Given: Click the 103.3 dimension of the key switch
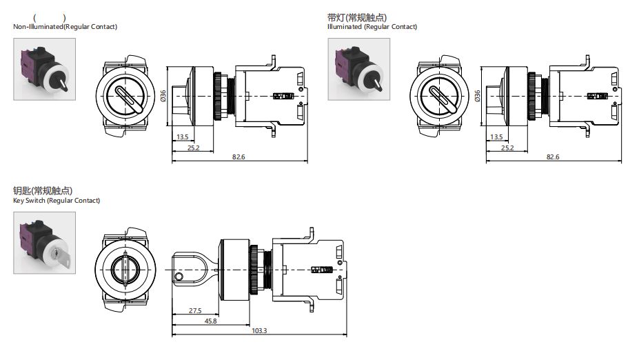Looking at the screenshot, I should tap(259, 331).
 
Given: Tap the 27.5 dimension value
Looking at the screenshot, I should tap(195, 311).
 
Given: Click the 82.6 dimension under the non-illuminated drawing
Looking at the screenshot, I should tap(239, 157).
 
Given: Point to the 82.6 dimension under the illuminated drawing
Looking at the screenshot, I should tap(553, 157).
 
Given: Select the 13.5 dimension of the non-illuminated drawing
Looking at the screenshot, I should tap(182, 137).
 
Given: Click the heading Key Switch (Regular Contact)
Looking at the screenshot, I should tap(57, 201).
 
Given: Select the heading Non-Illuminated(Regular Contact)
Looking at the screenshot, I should tap(65, 27).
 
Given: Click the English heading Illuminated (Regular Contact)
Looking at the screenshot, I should tap(372, 27).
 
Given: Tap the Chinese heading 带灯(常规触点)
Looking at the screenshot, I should tap(356, 17).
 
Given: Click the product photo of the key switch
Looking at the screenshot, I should tap(44, 243).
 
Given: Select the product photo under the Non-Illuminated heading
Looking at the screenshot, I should tap(44, 69).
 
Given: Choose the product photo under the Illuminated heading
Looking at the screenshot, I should tap(358, 69).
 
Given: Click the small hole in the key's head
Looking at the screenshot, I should tap(179, 278).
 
